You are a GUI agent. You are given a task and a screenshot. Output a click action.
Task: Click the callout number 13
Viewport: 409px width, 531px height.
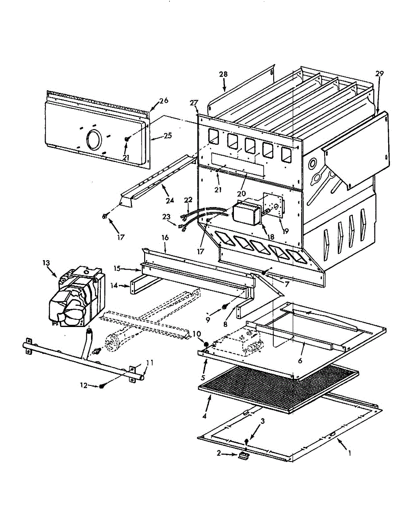[x=46, y=263]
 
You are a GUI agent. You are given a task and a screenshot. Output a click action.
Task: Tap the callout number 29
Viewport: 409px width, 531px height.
[x=379, y=73]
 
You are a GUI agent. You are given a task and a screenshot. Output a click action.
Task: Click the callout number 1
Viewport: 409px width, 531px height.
[x=350, y=453]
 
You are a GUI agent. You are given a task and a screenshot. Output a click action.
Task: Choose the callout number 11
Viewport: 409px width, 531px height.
[x=150, y=362]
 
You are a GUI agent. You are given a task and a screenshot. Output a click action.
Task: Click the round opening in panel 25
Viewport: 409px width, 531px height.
[x=94, y=140]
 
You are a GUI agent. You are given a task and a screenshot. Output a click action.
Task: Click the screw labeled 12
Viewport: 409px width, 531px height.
[x=102, y=386]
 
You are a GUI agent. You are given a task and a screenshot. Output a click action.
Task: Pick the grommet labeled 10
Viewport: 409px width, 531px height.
[x=206, y=344]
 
